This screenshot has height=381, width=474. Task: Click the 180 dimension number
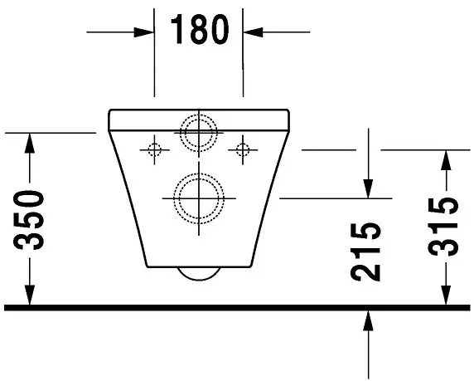point(199,31)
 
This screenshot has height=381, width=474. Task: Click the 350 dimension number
point(31,220)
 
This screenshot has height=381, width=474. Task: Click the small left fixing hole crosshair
point(153,149)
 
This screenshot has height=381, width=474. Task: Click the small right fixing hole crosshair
point(242,149)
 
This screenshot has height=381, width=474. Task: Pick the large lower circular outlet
point(199,198)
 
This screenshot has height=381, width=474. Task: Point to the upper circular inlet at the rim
point(199,131)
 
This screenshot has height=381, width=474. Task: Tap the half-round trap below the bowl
point(199,275)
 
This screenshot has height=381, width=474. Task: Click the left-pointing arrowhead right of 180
point(251,32)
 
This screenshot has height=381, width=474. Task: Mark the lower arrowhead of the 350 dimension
point(31,296)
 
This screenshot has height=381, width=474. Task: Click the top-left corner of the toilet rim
point(110,110)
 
